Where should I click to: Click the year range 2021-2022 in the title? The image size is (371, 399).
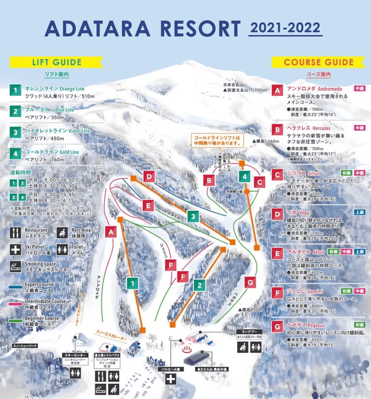click(x=285, y=28)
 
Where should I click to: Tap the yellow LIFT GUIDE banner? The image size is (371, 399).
click(x=57, y=62)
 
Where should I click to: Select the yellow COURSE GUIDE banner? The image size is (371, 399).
click(x=318, y=62)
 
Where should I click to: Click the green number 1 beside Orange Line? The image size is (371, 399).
click(x=15, y=90)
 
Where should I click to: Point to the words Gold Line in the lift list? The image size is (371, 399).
click(x=69, y=152)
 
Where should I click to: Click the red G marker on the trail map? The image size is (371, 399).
click(x=250, y=282)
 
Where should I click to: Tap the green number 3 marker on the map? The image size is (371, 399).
click(x=193, y=216)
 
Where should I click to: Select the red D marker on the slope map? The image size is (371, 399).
click(x=149, y=176)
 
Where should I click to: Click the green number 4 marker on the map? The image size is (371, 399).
click(x=244, y=176)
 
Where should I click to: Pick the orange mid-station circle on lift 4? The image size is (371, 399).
click(x=247, y=192)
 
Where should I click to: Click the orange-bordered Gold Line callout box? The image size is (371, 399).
click(x=217, y=140)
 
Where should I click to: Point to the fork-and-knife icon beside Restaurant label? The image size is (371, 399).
click(x=15, y=233)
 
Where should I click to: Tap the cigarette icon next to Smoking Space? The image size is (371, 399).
click(x=15, y=267)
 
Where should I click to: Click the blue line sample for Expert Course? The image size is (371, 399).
click(x=15, y=287)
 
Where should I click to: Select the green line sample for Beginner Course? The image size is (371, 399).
click(x=15, y=321)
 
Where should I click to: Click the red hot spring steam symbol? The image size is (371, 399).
click(x=186, y=350)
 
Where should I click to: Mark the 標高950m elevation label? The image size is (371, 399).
click(x=250, y=310)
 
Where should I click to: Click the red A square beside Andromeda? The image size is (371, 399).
click(x=277, y=90)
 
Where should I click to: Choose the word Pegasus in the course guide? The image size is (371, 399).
click(x=316, y=325)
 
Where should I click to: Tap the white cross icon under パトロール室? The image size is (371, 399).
click(x=170, y=379)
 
